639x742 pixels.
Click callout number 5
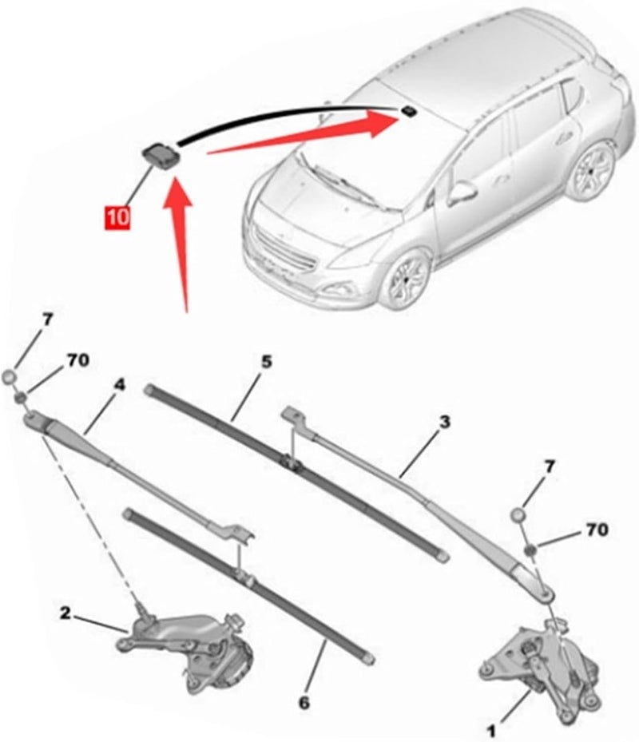click(x=266, y=361)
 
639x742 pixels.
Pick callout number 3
click(x=445, y=420)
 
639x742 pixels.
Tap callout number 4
click(x=119, y=384)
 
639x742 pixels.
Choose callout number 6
click(x=304, y=703)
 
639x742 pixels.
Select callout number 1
click(x=493, y=729)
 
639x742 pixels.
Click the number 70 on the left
click(x=77, y=360)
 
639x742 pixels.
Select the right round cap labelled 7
click(x=520, y=515)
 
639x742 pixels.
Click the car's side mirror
click(x=462, y=192)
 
